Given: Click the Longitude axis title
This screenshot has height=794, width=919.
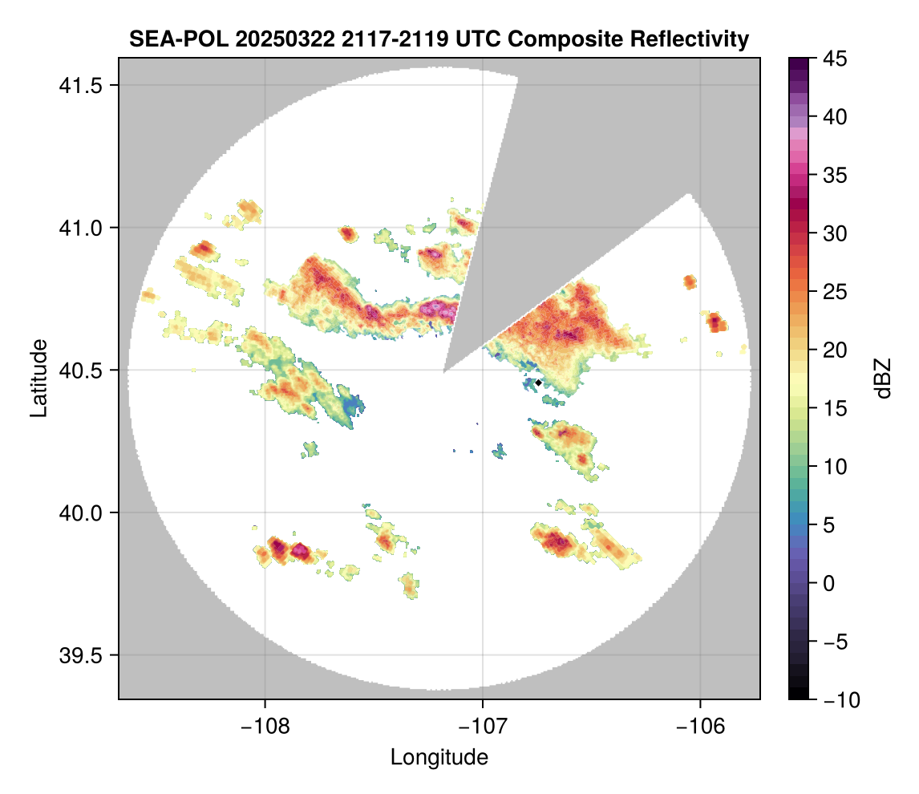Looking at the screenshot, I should point(439,756).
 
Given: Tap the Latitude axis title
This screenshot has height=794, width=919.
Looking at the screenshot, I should point(38,377).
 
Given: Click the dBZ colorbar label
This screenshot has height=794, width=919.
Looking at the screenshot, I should point(883,379).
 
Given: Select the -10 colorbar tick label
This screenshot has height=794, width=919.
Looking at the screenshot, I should point(836,699).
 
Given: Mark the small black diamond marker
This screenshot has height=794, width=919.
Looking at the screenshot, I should point(538,382).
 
